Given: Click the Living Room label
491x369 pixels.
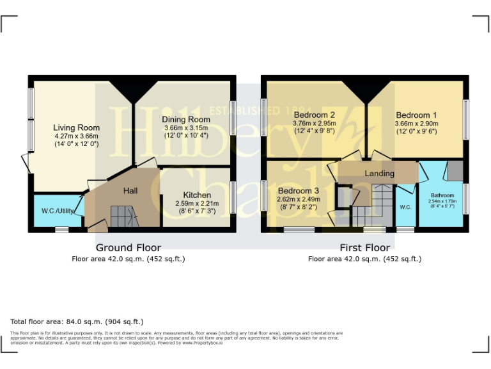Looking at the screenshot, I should tap(76, 127).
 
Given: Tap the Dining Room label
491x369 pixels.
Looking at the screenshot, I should tap(186, 120).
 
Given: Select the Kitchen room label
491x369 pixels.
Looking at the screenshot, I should tap(197, 195).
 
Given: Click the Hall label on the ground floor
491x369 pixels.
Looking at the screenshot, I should tap(130, 190).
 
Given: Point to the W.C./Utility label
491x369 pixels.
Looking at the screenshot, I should tap(58, 210).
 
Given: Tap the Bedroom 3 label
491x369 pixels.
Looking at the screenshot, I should tap(298, 190).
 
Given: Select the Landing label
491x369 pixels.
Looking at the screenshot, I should tap(379, 174).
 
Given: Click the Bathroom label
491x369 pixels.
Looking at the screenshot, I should tap(442, 195).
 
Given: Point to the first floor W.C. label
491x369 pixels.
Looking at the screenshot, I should tap(405, 207).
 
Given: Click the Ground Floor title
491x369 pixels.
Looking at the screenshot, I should tap(129, 248).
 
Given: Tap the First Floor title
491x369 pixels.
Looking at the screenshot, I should tap(364, 248).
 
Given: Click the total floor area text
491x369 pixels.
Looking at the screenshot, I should tap(77, 322).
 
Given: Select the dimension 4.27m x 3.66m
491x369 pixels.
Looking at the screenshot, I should tap(76, 136).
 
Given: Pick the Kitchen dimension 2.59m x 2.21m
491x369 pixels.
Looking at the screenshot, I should tap(197, 203).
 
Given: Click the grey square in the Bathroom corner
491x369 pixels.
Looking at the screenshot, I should tap(455, 171).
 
